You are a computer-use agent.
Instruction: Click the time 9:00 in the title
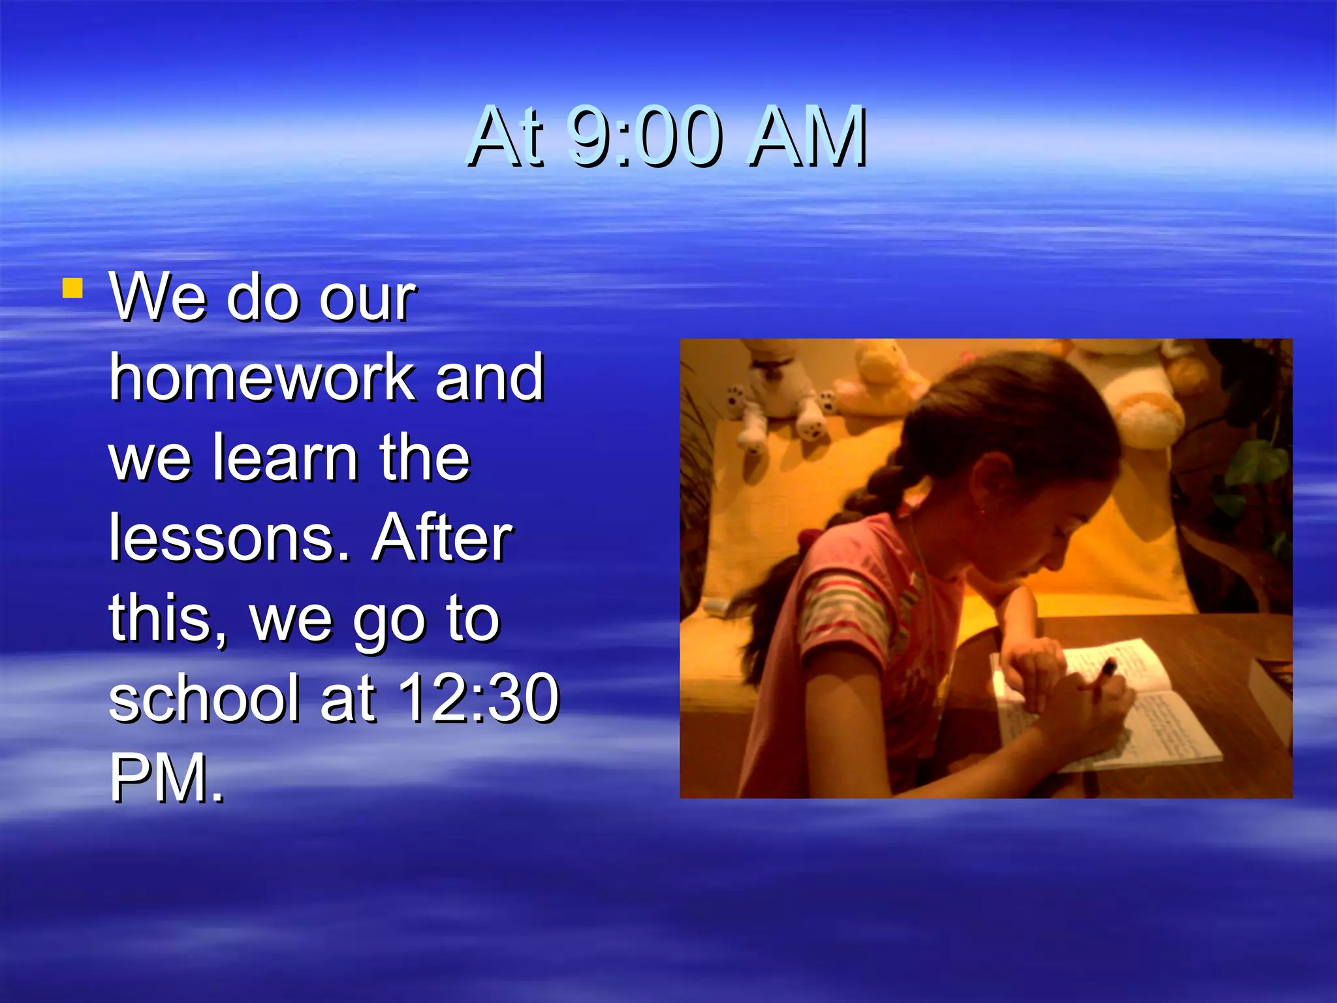point(644,136)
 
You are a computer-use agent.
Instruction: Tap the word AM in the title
point(808,136)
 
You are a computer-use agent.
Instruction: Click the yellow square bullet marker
point(72,288)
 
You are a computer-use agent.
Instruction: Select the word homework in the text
point(262,377)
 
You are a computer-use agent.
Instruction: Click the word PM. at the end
point(166,778)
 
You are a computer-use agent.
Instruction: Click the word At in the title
point(507,136)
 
